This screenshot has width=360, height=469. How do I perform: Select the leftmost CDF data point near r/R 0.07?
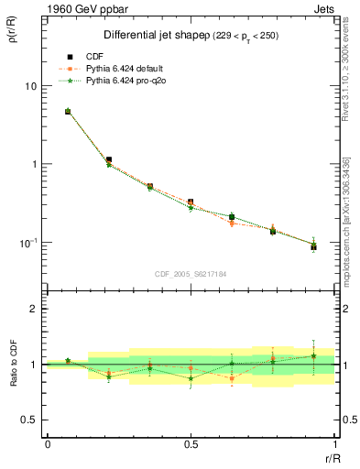[68, 112]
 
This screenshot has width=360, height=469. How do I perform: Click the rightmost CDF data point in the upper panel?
[313, 246]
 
